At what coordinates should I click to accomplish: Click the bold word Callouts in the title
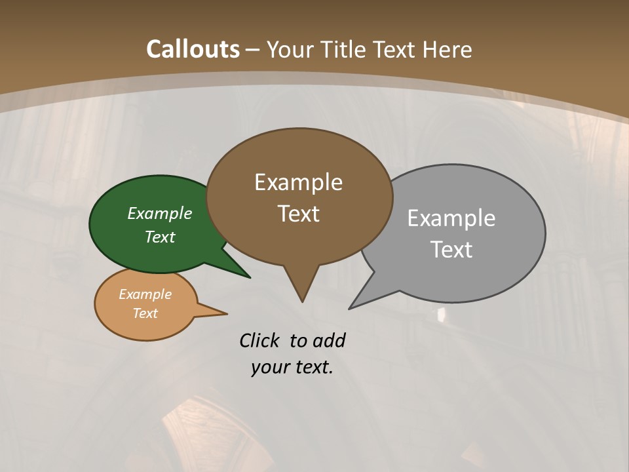click(193, 49)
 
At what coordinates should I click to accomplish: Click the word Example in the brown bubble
click(298, 182)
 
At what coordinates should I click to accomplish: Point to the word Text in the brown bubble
click(298, 214)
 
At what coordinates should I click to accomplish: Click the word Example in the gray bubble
click(451, 218)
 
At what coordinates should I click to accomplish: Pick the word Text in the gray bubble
click(451, 250)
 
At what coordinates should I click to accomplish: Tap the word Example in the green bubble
click(159, 214)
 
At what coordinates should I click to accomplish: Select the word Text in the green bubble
click(160, 237)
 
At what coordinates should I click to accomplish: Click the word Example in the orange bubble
click(145, 294)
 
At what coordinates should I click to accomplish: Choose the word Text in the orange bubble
click(145, 313)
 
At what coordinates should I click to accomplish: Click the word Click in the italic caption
click(259, 340)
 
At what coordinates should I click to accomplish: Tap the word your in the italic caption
click(270, 367)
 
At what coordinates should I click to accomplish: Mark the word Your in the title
click(290, 49)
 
